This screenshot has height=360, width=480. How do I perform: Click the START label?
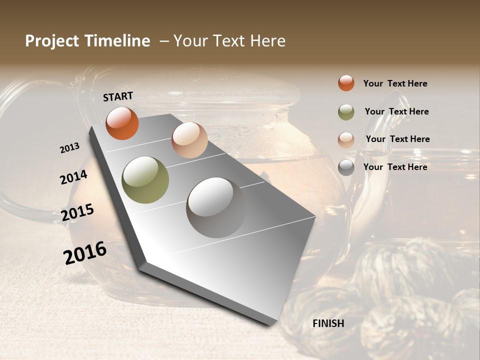[x=118, y=96]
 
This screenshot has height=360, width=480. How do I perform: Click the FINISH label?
[x=328, y=323]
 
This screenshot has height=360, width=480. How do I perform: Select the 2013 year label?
[x=69, y=147]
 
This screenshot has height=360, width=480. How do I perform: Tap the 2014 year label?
[x=73, y=177]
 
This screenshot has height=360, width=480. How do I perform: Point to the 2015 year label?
[x=77, y=212]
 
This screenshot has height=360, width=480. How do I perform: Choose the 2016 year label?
[x=85, y=252]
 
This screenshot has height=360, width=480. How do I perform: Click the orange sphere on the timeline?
[x=122, y=123]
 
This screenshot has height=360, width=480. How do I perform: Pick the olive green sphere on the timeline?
[x=145, y=180]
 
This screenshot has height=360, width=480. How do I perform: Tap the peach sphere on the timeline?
[x=189, y=140]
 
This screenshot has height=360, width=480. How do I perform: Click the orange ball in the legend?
[x=346, y=83]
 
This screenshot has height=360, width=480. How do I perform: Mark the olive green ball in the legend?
[x=346, y=112]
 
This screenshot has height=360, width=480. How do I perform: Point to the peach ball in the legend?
[x=346, y=140]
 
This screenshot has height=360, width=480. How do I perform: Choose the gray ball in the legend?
[x=346, y=167]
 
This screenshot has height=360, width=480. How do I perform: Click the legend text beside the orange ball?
[x=395, y=83]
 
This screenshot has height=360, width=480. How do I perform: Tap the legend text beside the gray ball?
[x=395, y=167]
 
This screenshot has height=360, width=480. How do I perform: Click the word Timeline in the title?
[x=117, y=41]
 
